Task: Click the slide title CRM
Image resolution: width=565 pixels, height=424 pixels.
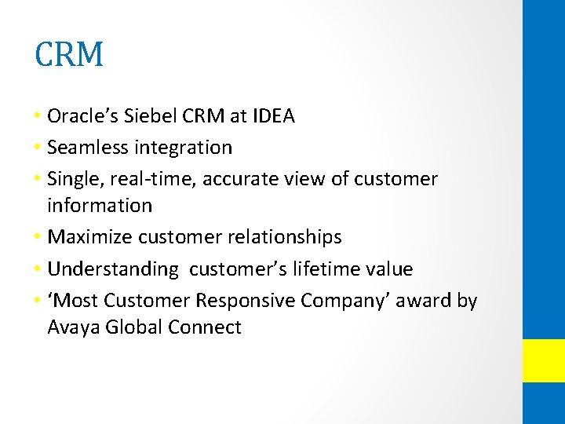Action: pyautogui.click(x=69, y=54)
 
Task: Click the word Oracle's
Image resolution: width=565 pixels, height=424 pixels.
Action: pyautogui.click(x=82, y=117)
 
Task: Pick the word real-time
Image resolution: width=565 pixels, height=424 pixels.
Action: pyautogui.click(x=155, y=179)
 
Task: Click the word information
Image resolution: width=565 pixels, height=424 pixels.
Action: pyautogui.click(x=100, y=206)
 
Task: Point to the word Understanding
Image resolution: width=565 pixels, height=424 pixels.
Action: pyautogui.click(x=113, y=269)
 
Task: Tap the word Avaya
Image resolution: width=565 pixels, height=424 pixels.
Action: pyautogui.click(x=72, y=327)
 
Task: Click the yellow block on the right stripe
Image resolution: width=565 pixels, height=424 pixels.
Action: pyautogui.click(x=544, y=360)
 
